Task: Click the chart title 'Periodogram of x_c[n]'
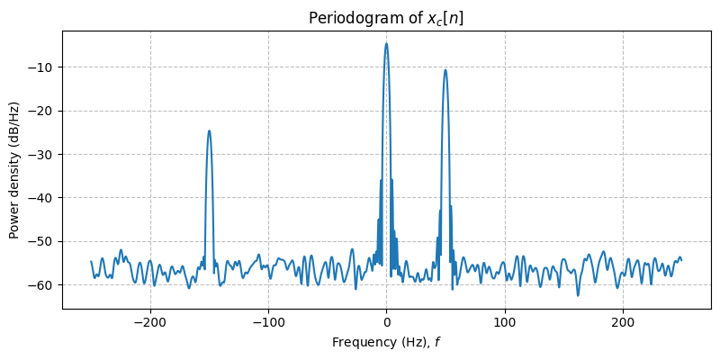coord(386,18)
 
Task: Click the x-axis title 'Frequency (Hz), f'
coord(386,342)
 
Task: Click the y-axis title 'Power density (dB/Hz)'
coord(14,169)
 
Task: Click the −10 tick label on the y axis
coord(41,67)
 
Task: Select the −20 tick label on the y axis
coord(41,111)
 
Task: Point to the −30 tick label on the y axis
coord(41,154)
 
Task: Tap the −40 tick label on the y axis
coord(41,197)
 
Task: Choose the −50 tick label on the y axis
coord(41,241)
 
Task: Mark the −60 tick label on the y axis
coord(41,284)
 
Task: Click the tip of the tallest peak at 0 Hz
coord(386,43)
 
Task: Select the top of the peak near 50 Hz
coord(445,69)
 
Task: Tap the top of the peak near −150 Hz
coord(209,130)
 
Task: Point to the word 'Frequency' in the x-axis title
coord(360,342)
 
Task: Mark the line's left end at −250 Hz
coord(91,261)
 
